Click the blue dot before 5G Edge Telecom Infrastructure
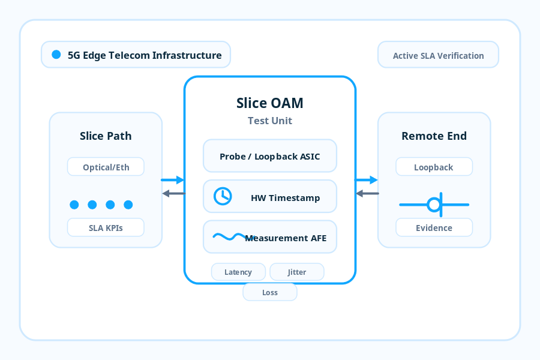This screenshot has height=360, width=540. coord(56,55)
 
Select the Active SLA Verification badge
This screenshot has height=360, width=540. coord(438,55)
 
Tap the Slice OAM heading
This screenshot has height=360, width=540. coord(270,103)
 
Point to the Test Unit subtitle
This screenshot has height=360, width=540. coord(270,121)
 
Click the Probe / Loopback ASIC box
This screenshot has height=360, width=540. coord(270,157)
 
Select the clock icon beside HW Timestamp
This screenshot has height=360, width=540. coord(223,196)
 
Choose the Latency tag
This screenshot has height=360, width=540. coord(238,272)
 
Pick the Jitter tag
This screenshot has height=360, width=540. coord(297,272)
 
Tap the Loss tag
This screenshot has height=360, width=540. coord(270,292)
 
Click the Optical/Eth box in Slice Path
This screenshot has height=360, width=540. coord(106,167)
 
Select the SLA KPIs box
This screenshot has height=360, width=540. coord(106,227)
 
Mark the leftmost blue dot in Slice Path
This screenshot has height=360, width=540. coord(74,205)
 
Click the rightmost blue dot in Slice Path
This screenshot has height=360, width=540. coord(128,205)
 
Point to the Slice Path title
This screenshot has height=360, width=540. coord(106,136)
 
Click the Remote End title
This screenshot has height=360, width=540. coord(434,136)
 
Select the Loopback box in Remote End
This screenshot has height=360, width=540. coord(434,167)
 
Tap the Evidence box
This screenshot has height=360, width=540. coord(434,227)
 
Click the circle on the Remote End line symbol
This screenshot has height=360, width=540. coord(433,205)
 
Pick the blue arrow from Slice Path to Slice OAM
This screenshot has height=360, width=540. coord(173,180)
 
